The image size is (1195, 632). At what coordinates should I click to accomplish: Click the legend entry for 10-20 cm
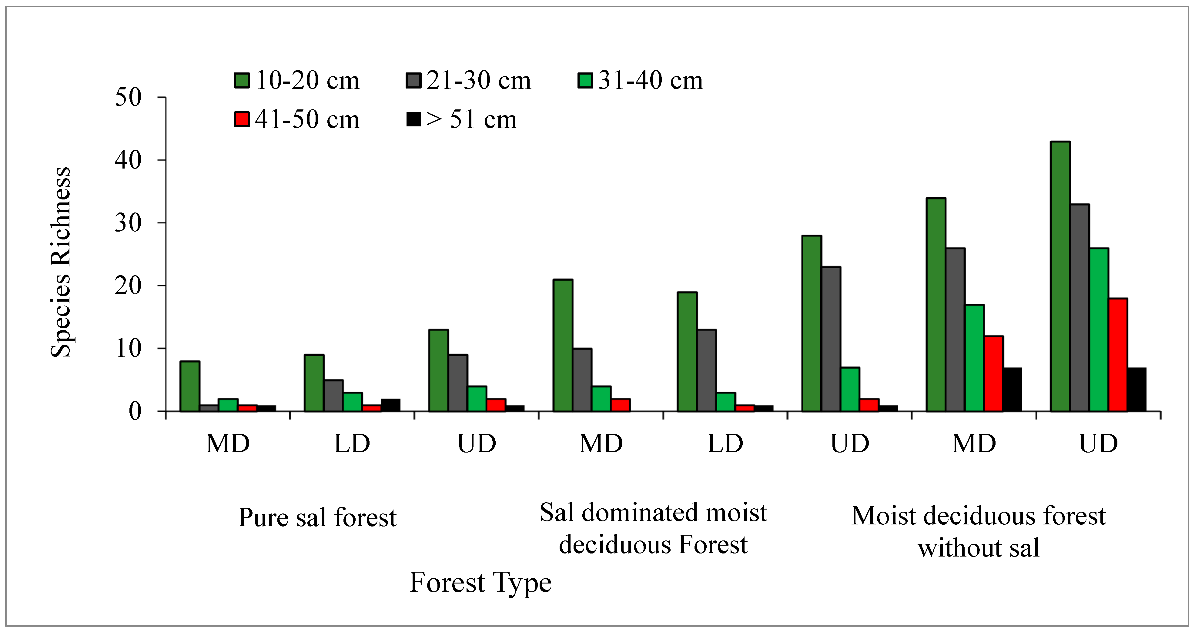[x=297, y=81]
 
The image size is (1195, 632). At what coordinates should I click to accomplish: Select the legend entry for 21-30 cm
[x=469, y=81]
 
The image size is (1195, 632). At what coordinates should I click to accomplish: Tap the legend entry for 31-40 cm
[x=640, y=81]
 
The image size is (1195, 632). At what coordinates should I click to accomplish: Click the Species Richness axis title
[x=61, y=262]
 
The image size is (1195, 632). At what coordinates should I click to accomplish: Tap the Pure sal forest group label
[x=317, y=517]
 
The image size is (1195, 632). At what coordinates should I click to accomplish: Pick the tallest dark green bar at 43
[x=1060, y=276]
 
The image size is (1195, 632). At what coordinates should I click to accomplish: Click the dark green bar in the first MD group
[x=190, y=386]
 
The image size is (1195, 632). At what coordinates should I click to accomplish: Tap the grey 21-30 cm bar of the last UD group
[x=1080, y=307]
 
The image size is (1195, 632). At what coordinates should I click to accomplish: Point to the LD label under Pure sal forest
[x=352, y=443]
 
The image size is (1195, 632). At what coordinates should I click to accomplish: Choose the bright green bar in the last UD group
[x=1099, y=329]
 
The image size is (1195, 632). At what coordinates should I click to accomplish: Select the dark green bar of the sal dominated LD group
[x=687, y=351]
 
